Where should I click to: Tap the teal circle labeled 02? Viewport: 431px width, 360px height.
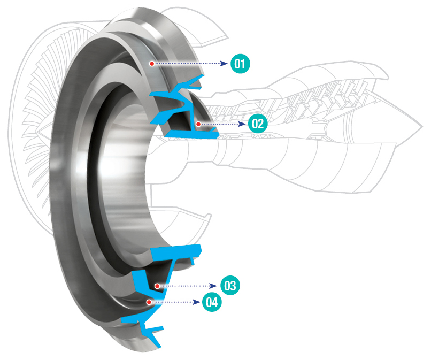point(257,124)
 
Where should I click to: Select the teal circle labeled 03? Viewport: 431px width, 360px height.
point(230,286)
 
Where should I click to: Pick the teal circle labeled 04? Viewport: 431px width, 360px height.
point(212,302)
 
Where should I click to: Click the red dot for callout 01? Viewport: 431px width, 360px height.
point(152,64)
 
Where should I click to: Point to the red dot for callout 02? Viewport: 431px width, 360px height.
point(198,124)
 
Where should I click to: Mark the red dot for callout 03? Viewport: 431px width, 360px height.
point(157,286)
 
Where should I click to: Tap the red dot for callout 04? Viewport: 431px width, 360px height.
point(148,302)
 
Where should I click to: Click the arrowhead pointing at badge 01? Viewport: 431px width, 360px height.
point(226,64)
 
